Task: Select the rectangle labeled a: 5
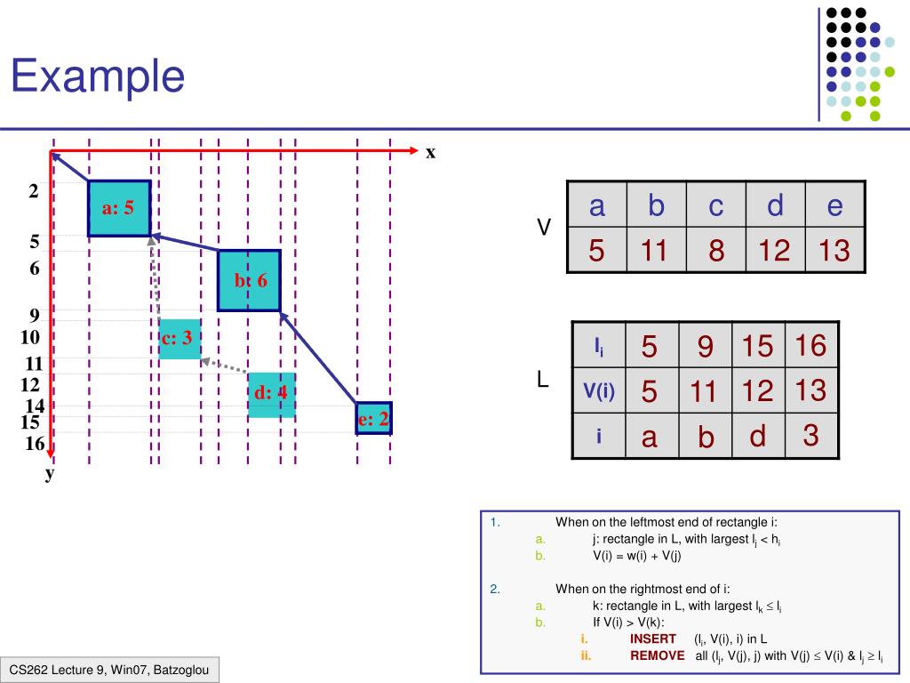(x=118, y=208)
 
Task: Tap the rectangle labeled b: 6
(x=249, y=280)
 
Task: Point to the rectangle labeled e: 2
(x=373, y=418)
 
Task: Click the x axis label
(x=430, y=152)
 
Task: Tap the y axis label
(x=51, y=473)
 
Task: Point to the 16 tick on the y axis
(x=34, y=443)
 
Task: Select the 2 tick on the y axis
(x=34, y=191)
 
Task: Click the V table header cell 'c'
(x=715, y=206)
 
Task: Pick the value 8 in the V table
(x=715, y=251)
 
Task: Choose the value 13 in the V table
(x=834, y=251)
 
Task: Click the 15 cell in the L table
(x=757, y=345)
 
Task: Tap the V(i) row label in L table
(x=600, y=390)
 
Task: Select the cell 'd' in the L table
(x=757, y=437)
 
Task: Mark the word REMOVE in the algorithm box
(x=657, y=655)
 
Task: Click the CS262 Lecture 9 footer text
(x=109, y=670)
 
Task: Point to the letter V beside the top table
(x=544, y=229)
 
